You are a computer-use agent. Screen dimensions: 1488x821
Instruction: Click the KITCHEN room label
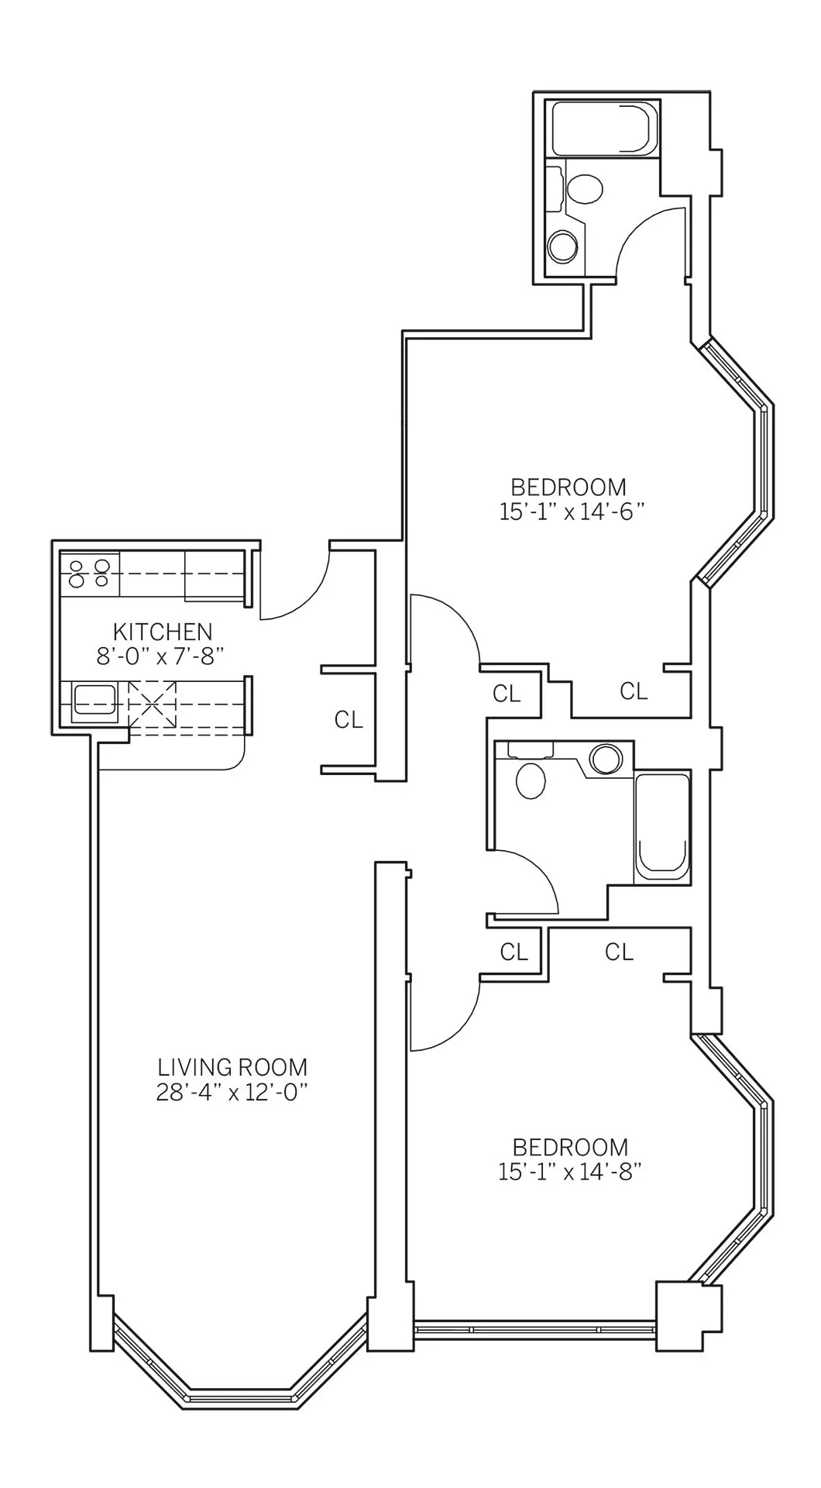coord(163,631)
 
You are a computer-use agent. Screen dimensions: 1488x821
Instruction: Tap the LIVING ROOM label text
coord(232,1067)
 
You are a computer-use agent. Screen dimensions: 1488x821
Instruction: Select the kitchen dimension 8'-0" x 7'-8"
coord(160,656)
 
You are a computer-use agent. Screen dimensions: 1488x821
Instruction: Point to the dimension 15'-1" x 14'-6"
coord(572,512)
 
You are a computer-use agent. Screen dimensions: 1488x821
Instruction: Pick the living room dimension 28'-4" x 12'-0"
coord(232,1092)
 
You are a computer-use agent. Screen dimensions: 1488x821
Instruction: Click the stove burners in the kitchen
coord(90,573)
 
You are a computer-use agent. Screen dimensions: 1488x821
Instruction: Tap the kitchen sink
coord(94,702)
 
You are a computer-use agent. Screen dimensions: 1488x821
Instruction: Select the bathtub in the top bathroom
coord(604,128)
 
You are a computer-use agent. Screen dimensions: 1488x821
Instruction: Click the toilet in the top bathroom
coord(585,189)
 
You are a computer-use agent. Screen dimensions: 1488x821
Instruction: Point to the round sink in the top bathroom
coord(562,248)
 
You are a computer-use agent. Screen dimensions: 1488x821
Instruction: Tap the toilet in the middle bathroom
coord(531,780)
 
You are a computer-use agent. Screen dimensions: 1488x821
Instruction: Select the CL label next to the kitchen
coord(349,720)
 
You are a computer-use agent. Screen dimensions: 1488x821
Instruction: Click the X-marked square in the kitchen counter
coord(153,702)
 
